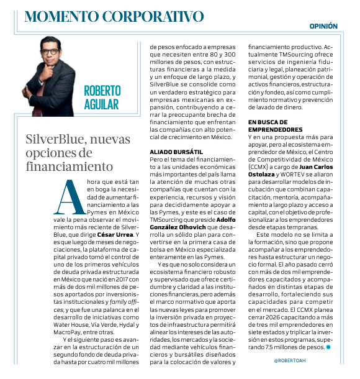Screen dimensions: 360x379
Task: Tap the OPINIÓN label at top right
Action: coord(324,26)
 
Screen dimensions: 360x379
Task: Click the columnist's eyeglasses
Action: coord(57,52)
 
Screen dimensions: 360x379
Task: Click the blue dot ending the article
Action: coord(328,347)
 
